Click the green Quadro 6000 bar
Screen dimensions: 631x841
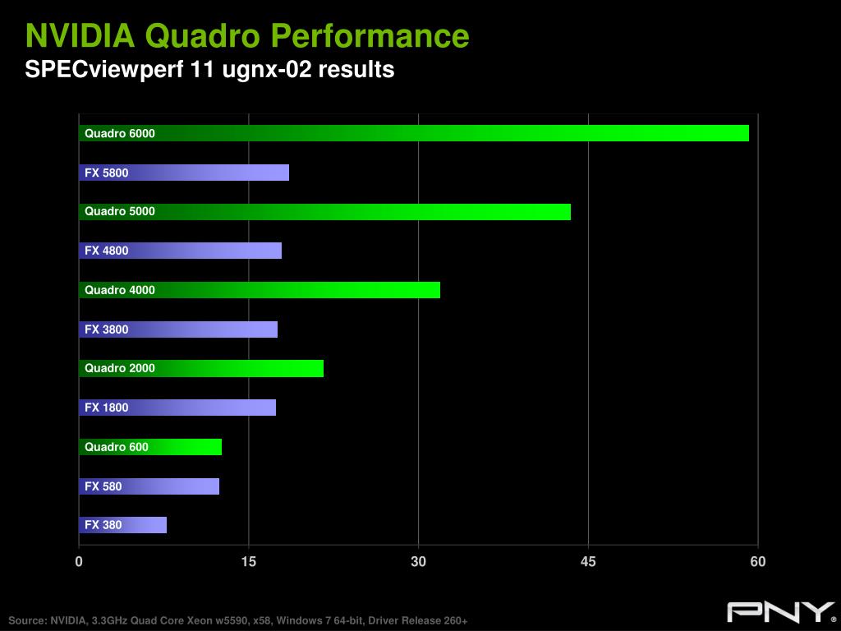point(414,133)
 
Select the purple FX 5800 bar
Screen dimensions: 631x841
point(184,173)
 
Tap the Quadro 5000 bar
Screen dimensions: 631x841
point(324,211)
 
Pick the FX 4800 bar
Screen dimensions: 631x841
point(181,251)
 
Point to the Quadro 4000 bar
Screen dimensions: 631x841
point(260,290)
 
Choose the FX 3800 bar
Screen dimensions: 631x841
point(178,329)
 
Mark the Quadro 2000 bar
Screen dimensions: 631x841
point(201,368)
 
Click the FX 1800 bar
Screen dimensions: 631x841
point(177,408)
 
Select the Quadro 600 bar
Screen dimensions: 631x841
point(150,447)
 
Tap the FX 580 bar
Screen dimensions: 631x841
point(149,486)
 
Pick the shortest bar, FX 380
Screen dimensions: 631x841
point(123,525)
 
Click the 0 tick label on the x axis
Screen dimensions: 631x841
point(79,562)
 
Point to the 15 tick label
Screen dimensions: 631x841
point(249,562)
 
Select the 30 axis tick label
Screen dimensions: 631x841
point(419,562)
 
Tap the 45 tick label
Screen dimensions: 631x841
point(588,562)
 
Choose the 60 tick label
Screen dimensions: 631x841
point(758,562)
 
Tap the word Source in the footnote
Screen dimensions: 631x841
point(27,620)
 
